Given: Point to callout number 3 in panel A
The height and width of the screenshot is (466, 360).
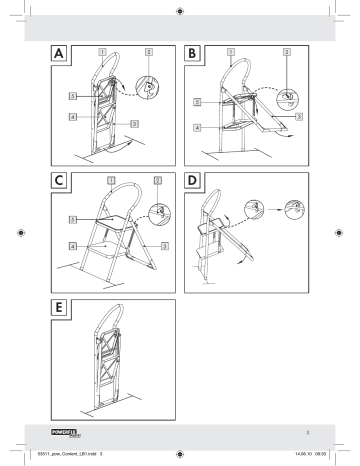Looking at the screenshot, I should tap(134, 122).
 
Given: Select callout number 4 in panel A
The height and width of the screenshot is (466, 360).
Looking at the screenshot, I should tap(73, 116).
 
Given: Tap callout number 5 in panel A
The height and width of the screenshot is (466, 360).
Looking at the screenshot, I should tap(73, 95).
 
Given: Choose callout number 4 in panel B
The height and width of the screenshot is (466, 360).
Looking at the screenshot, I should tap(197, 128).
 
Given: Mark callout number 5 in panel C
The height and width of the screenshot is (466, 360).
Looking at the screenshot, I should tap(73, 218).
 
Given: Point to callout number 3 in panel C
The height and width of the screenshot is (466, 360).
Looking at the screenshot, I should tap(165, 245).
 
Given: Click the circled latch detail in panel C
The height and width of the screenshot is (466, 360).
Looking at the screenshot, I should tap(158, 212).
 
